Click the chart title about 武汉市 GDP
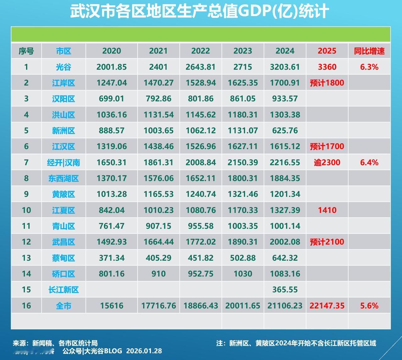[199, 12]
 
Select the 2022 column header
[201, 51]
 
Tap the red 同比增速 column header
[369, 51]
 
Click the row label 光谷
[63, 67]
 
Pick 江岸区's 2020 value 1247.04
[111, 83]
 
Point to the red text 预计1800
[327, 83]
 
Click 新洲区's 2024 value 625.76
[285, 130]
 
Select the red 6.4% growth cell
[369, 163]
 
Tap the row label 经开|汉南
[63, 163]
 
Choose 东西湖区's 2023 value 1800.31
[242, 179]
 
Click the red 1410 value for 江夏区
[327, 210]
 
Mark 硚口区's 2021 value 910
[158, 274]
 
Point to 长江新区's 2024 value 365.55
[285, 290]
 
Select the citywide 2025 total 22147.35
[327, 306]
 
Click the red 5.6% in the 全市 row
[369, 306]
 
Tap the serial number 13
[26, 258]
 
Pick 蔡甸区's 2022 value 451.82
[201, 258]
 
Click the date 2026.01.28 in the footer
[144, 351]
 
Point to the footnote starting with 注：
[296, 343]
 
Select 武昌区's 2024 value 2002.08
[285, 242]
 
